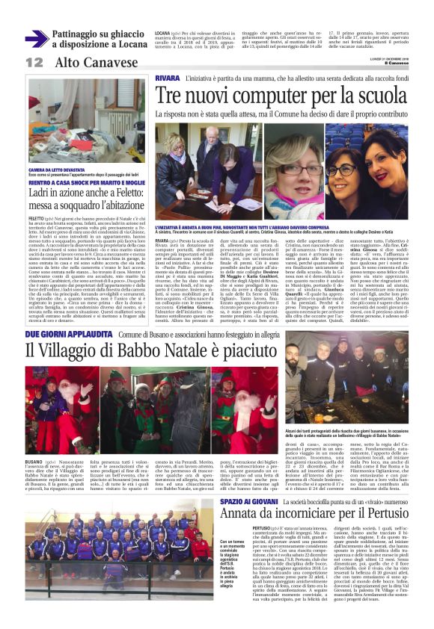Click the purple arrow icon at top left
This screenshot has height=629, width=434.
pyautogui.click(x=36, y=38)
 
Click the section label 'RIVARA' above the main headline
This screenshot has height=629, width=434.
pyautogui.click(x=168, y=78)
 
